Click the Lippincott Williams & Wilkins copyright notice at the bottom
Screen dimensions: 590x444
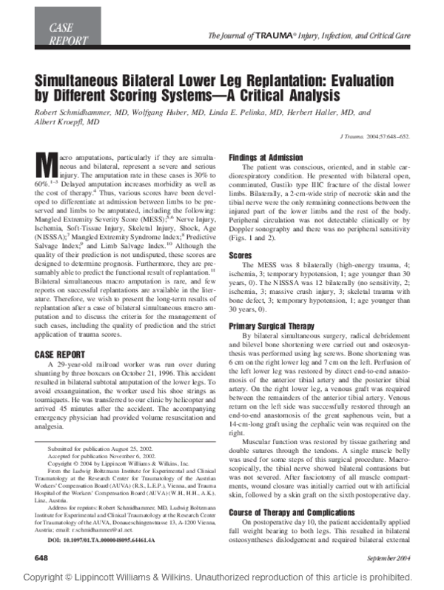221,577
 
